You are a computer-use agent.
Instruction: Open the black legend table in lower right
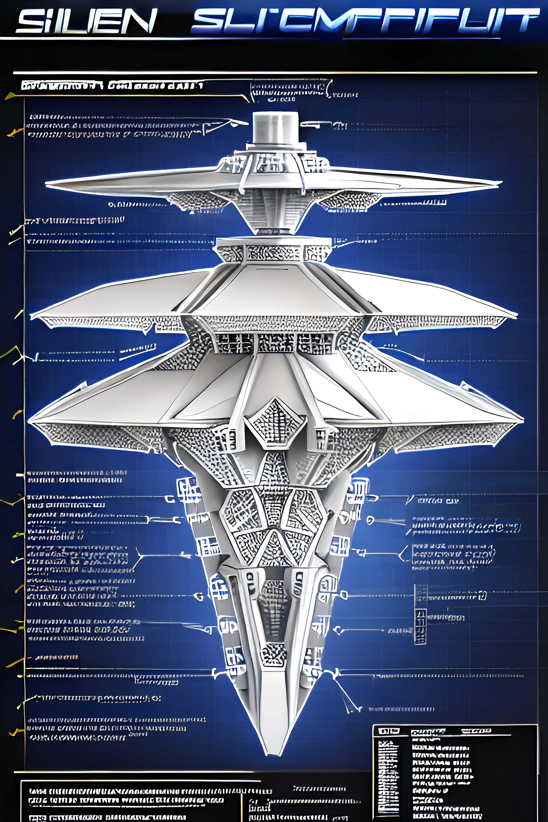[x=454, y=772]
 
